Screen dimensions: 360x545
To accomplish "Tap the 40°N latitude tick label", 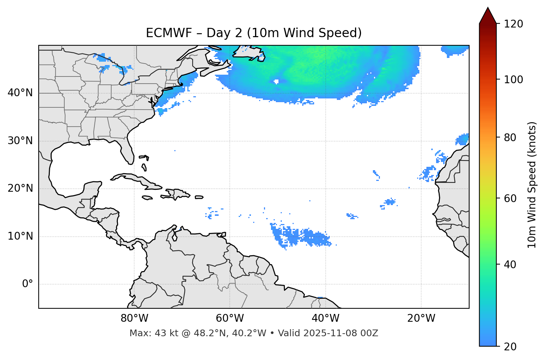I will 20,93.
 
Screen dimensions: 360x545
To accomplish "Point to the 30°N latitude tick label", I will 20,141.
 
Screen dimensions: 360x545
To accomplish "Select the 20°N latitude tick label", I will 20,188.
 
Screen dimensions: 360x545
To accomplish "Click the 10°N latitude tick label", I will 20,236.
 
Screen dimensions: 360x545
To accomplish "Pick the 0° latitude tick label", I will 28,284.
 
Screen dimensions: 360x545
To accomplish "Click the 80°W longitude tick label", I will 134,318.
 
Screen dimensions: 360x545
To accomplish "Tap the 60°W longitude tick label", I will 230,318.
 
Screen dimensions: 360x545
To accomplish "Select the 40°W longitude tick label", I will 325,318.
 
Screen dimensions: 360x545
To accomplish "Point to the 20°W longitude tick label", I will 421,318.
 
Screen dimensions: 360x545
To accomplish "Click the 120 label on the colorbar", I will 513,24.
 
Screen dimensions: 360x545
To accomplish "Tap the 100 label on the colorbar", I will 513,80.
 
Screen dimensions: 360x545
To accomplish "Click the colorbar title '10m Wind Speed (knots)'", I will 532,185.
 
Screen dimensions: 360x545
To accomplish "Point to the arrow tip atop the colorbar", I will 488,8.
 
